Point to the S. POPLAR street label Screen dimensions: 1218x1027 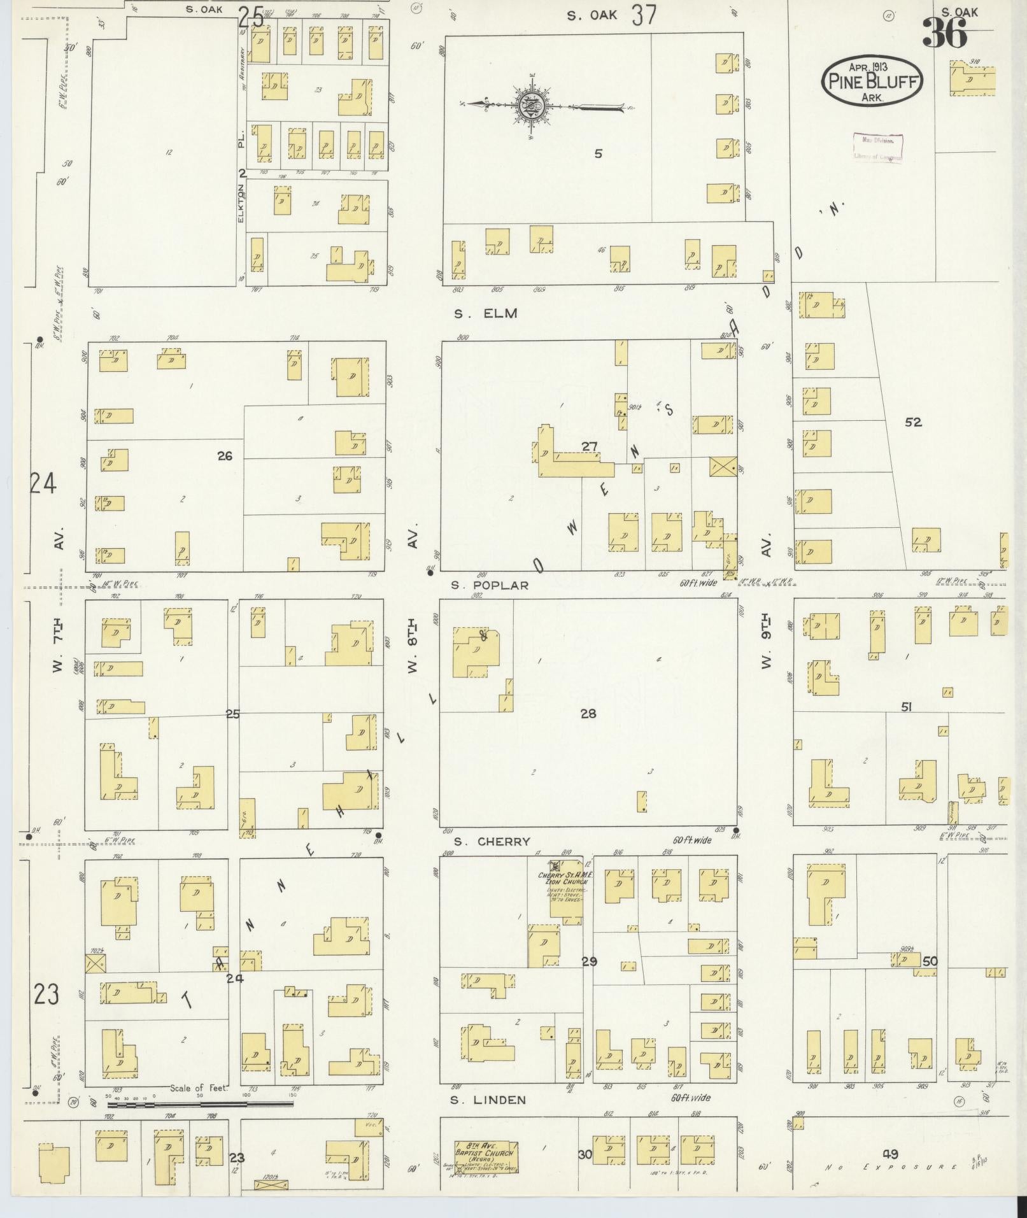pyautogui.click(x=490, y=585)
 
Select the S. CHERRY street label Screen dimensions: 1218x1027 pyautogui.click(x=490, y=842)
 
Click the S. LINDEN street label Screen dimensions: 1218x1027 pyautogui.click(x=488, y=1100)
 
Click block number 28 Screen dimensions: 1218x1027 pyautogui.click(x=588, y=713)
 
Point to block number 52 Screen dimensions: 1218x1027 pyautogui.click(x=913, y=422)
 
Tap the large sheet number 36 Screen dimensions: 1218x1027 pyautogui.click(x=944, y=33)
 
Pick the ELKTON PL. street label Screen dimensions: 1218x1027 pyautogui.click(x=241, y=185)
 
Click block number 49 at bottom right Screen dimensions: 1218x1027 pyautogui.click(x=890, y=1154)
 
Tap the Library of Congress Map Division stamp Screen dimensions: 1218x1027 pyautogui.click(x=877, y=148)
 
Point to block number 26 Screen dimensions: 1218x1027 pyautogui.click(x=224, y=456)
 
